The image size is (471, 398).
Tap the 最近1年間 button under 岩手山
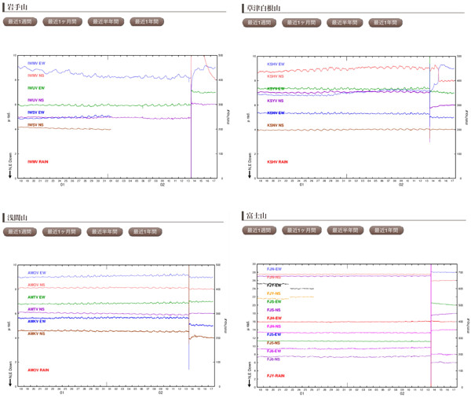click(x=145, y=22)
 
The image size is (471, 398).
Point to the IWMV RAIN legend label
click(x=38, y=162)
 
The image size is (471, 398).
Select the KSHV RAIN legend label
click(x=277, y=162)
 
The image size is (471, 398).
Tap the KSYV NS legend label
click(x=276, y=101)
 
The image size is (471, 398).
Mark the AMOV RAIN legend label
click(x=38, y=370)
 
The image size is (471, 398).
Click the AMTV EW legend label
click(x=36, y=297)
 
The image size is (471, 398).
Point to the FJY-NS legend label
click(x=274, y=293)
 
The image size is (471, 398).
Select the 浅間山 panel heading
click(x=17, y=216)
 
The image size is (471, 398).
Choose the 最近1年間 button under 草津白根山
click(x=385, y=23)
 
